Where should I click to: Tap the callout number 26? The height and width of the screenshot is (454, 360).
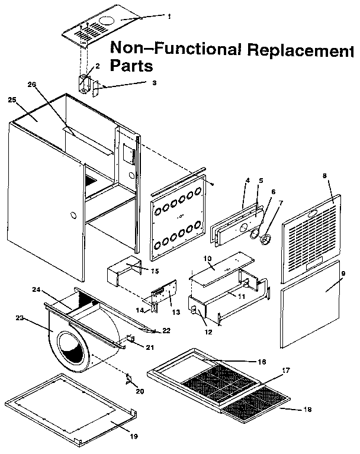33,85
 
